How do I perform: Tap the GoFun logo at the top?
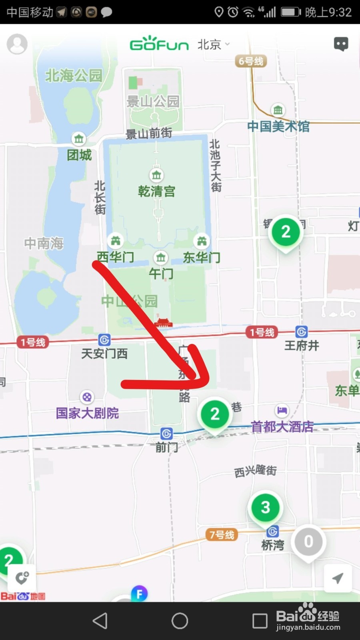pos(159,44)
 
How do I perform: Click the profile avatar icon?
pos(17,44)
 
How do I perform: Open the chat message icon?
pos(341,44)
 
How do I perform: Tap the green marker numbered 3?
pos(265,508)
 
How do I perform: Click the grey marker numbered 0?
pos(308,542)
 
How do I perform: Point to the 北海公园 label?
pos(74,75)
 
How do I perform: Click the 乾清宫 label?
pos(156,192)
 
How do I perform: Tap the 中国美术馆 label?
pos(278,126)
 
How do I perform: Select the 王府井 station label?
pos(302,345)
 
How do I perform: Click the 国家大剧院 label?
pos(87,413)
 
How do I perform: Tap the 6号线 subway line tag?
pos(251,61)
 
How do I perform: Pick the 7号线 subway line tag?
pos(222,535)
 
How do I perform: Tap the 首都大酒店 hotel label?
pos(282,426)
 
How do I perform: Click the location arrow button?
pos(338,578)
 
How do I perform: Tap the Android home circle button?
pos(180,621)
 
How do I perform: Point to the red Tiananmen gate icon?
pos(163,322)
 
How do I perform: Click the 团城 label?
pos(79,155)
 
